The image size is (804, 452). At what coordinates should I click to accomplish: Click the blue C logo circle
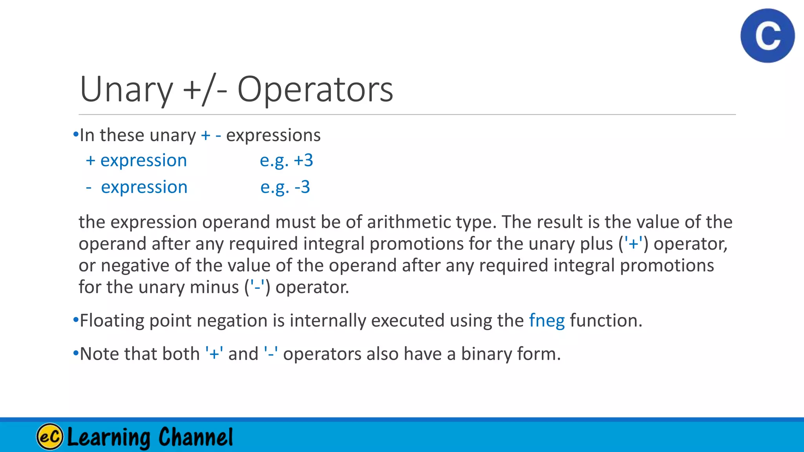(x=767, y=36)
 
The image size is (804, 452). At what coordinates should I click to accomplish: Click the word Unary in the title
(x=126, y=89)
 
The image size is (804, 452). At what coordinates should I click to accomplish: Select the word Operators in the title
(x=315, y=89)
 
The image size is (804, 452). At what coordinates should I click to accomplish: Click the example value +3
(x=303, y=160)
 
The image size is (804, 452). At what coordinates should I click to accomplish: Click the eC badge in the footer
(x=50, y=436)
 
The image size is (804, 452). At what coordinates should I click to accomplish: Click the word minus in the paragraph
(x=214, y=287)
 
